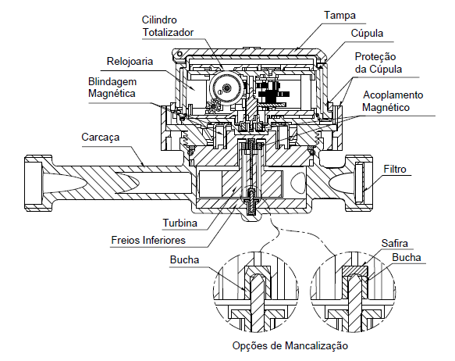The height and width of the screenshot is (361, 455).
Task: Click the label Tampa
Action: (x=339, y=15)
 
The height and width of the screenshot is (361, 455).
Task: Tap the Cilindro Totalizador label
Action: (x=168, y=26)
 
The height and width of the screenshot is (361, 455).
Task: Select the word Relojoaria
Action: (x=130, y=61)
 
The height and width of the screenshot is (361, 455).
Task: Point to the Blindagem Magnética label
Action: (x=112, y=88)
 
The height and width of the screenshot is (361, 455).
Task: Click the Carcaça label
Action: (x=100, y=137)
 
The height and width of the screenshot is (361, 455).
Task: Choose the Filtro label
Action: (x=395, y=169)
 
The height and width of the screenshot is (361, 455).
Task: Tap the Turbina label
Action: (x=180, y=223)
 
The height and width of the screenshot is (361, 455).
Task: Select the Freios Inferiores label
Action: (x=148, y=240)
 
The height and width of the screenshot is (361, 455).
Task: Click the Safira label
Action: (x=394, y=243)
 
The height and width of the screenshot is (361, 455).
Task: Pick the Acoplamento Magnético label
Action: (x=393, y=101)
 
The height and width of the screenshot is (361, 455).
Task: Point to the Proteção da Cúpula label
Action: (x=378, y=63)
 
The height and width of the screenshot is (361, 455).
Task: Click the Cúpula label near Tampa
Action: (x=367, y=33)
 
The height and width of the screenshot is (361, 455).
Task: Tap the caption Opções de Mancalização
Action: (x=290, y=345)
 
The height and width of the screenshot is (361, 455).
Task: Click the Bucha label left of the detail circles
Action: (x=184, y=259)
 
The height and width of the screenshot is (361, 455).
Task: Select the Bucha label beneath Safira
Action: (x=407, y=257)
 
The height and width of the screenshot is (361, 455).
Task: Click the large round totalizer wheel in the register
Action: (x=226, y=87)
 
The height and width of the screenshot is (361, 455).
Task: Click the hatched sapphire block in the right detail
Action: (x=355, y=271)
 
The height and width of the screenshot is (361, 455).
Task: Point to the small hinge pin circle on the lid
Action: (x=180, y=54)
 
